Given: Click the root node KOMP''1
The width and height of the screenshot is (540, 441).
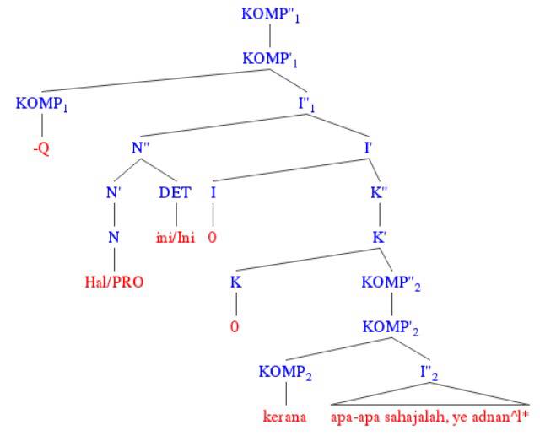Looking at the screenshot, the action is point(270,15).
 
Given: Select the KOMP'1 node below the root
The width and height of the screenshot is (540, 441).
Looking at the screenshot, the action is point(270,60).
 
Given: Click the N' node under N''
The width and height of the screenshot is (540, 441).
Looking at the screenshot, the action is point(113,193).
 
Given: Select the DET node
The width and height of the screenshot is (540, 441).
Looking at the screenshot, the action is point(175,193).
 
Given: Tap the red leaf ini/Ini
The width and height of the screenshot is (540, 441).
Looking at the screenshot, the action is point(175,237).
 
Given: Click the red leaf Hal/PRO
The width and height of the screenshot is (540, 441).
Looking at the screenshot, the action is point(113,281).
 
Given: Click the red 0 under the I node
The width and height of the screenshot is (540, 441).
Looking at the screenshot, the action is point(213,237).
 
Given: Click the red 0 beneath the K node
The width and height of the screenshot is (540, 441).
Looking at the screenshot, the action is point(236,325).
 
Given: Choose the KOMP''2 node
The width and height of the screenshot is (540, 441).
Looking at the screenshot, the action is point(391,282).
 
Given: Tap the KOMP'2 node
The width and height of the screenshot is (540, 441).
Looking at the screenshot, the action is point(391,325).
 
